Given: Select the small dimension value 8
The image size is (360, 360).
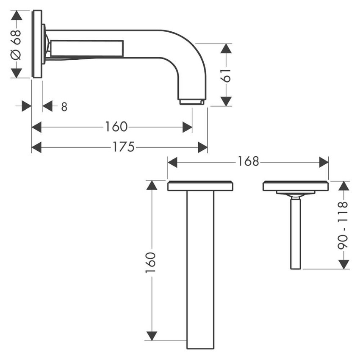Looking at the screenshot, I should coord(64,107).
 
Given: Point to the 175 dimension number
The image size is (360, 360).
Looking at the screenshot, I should coord(123,147).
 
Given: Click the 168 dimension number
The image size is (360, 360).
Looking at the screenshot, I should coord(248,161).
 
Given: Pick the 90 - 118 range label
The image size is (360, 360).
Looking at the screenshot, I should coord(343,224).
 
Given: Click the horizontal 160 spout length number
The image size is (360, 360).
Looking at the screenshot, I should coord(116,127).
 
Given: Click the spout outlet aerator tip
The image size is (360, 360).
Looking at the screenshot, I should coord(192,102).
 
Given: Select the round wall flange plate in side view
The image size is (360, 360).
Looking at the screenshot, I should coord(37,44).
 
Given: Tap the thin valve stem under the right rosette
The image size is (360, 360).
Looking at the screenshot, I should coord(295,233).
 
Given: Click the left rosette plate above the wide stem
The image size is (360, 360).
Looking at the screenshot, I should coord(200,186).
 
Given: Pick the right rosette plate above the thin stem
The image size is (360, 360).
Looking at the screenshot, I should coord(296,186).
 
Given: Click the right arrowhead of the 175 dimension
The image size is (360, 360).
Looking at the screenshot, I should coord(203,147).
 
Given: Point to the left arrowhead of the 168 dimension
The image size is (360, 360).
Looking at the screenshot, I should coord(172,162).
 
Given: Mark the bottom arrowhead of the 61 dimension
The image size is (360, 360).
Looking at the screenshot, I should coord(226,101).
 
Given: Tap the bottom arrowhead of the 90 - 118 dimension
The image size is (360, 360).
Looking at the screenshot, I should coord(344,264).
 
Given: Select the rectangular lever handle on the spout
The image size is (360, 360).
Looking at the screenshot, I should coord(87,49).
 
